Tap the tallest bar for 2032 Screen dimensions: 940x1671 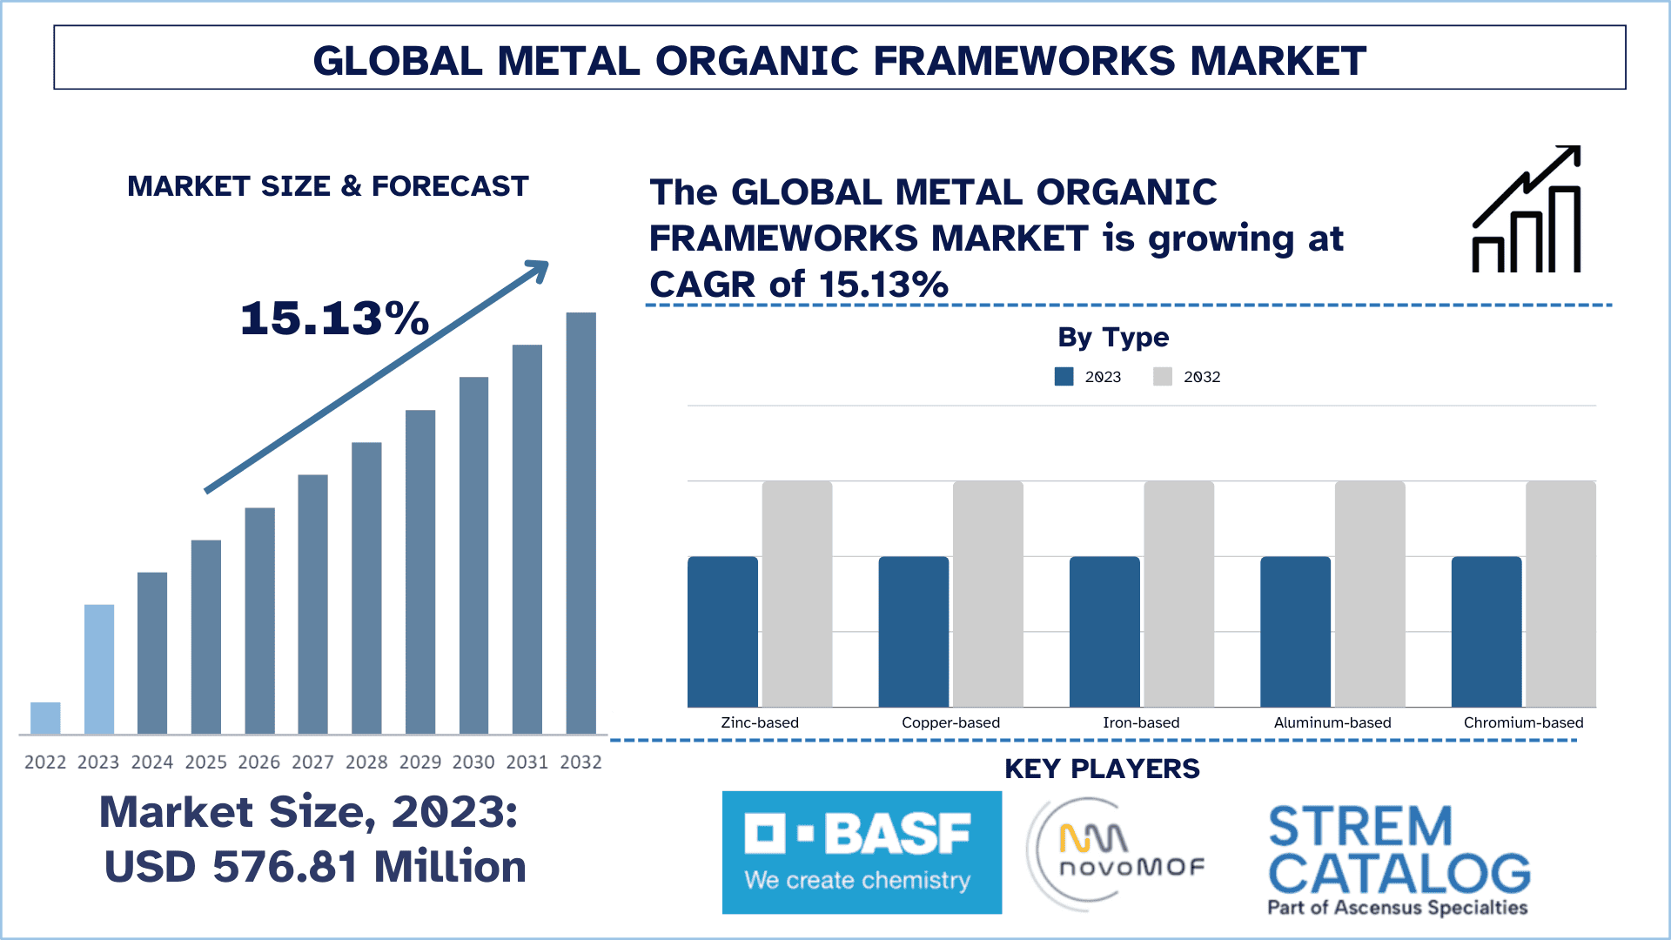point(580,522)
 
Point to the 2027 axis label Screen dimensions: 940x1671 point(312,762)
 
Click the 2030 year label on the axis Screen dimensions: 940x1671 point(473,762)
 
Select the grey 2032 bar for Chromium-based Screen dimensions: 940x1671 point(1560,594)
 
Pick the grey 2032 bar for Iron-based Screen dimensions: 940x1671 point(1178,594)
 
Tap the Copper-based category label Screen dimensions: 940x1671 point(950,722)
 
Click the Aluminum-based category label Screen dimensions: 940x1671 point(1332,722)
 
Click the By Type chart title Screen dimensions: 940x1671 point(1113,338)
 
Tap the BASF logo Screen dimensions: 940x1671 point(862,852)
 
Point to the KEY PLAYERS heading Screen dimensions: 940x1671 point(1102,769)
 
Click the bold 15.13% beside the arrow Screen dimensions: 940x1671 point(334,318)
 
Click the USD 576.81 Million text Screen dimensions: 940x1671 point(315,867)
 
